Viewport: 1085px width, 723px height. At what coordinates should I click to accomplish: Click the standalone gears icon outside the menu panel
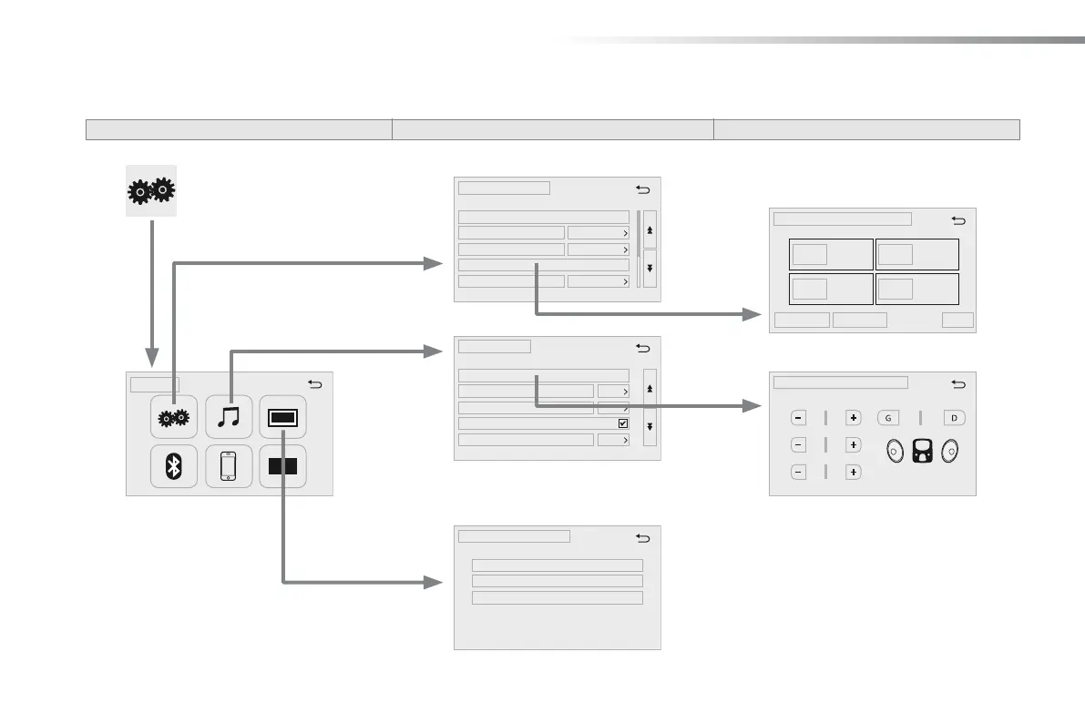(x=151, y=191)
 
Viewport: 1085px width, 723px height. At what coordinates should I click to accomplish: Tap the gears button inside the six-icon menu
(x=174, y=417)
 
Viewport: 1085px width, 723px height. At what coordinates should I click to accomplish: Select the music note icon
(x=229, y=417)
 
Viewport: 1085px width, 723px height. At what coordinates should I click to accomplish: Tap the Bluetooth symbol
(x=174, y=466)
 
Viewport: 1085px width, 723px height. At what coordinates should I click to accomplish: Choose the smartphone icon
(x=229, y=466)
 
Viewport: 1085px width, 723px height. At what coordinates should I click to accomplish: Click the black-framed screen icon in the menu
(x=282, y=417)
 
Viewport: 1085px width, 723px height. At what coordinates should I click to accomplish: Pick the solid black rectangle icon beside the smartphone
(x=282, y=466)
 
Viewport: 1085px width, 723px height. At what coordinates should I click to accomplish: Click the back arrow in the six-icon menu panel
(x=314, y=384)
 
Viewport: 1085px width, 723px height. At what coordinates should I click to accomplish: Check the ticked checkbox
(x=623, y=423)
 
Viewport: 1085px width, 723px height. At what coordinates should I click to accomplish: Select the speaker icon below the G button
(x=893, y=449)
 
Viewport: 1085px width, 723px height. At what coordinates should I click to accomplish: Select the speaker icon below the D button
(x=952, y=449)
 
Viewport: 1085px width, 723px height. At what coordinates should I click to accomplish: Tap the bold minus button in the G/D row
(x=798, y=418)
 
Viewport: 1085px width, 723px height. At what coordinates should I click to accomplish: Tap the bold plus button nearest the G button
(x=854, y=418)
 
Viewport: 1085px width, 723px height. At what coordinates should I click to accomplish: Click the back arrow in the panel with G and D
(x=957, y=383)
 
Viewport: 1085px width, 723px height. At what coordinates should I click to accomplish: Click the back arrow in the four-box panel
(x=957, y=219)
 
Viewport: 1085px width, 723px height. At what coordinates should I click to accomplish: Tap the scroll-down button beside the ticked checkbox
(x=650, y=426)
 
